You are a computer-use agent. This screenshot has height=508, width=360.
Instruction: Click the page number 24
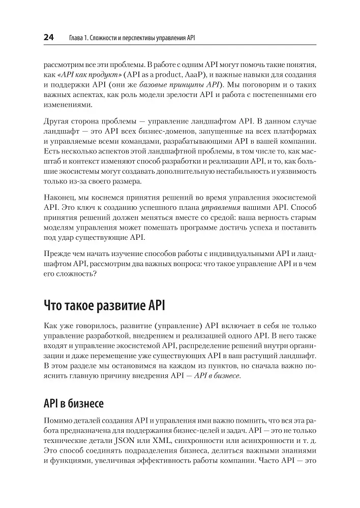click(48, 38)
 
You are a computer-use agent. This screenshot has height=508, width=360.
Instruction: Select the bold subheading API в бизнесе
click(74, 404)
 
